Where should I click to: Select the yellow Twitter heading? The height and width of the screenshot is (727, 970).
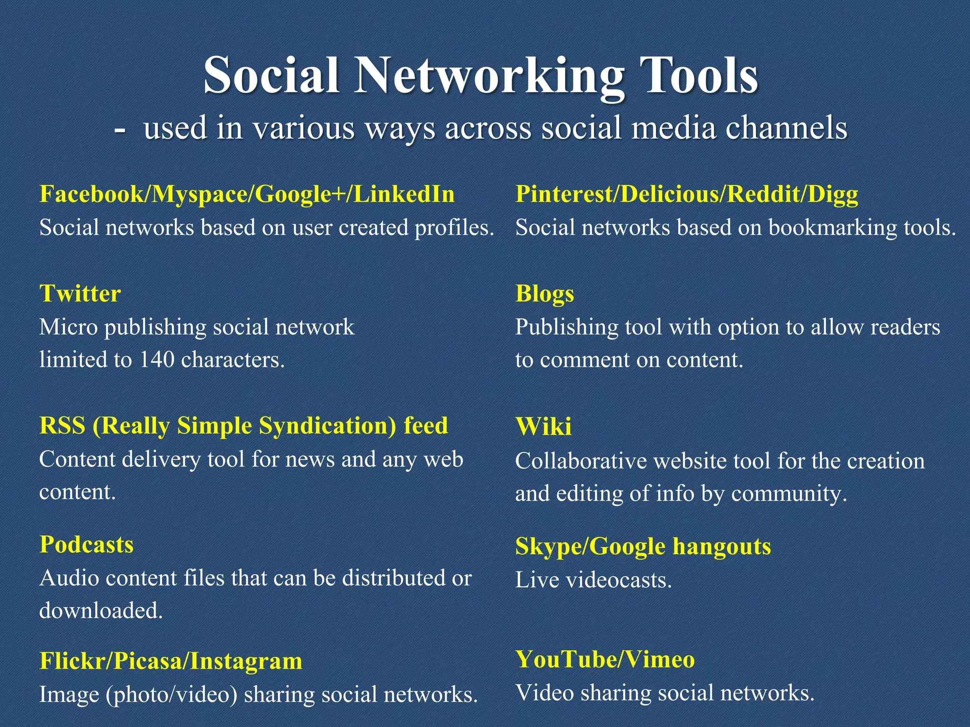click(80, 293)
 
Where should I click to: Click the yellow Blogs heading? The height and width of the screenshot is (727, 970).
click(545, 294)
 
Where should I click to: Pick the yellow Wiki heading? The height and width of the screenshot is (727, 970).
click(543, 426)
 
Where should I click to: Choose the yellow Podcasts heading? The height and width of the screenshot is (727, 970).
click(87, 544)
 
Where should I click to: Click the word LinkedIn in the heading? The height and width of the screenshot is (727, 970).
click(404, 194)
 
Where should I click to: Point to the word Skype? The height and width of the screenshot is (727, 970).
click(548, 547)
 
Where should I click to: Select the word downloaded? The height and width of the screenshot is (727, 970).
click(101, 611)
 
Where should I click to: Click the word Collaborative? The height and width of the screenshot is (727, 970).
click(581, 461)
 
